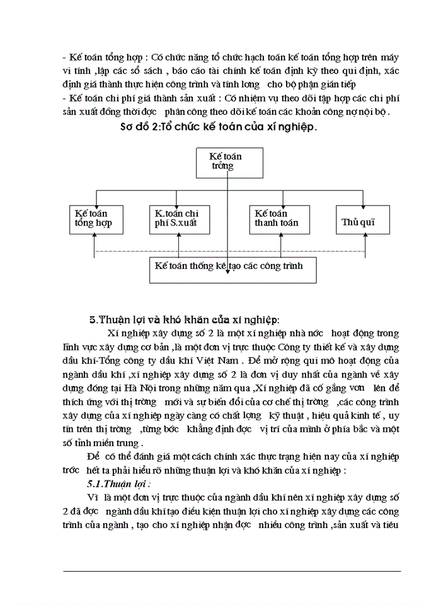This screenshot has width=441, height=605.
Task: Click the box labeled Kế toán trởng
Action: click(226, 161)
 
